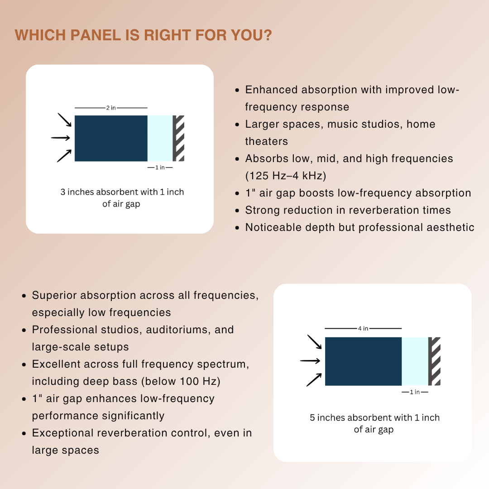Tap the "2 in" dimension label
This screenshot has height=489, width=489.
(111, 108)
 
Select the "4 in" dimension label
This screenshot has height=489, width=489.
(363, 328)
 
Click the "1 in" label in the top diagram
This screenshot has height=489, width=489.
(160, 168)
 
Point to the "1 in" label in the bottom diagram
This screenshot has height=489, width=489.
(415, 392)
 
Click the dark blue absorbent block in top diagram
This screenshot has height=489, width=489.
(111, 138)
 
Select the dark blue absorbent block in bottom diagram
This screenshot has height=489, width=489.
(363, 361)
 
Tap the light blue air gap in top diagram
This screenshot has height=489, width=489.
(160, 138)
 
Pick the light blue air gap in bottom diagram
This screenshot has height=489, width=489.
(415, 361)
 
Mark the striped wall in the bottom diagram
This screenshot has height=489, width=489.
(435, 361)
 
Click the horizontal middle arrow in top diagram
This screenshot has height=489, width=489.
(61, 138)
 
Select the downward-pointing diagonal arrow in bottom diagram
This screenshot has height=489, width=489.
(314, 342)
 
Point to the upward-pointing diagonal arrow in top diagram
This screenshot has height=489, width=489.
(64, 155)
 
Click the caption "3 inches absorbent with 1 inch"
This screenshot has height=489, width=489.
(122, 192)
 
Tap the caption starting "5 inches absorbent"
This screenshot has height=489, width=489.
(374, 417)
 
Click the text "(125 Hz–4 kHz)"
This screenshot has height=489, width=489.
(285, 176)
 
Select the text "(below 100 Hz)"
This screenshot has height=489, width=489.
(181, 381)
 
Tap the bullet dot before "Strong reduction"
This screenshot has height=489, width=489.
(237, 211)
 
